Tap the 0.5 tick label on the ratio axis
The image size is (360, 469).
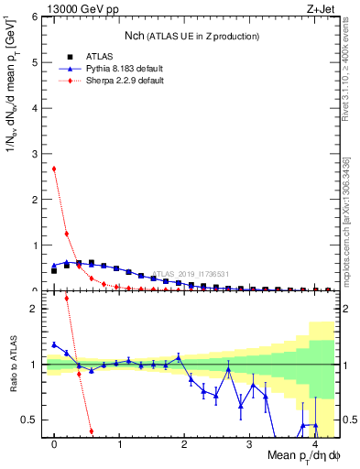point(30,420)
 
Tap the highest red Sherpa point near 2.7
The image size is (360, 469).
point(54,169)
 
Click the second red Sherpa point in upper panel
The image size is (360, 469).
point(67,234)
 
